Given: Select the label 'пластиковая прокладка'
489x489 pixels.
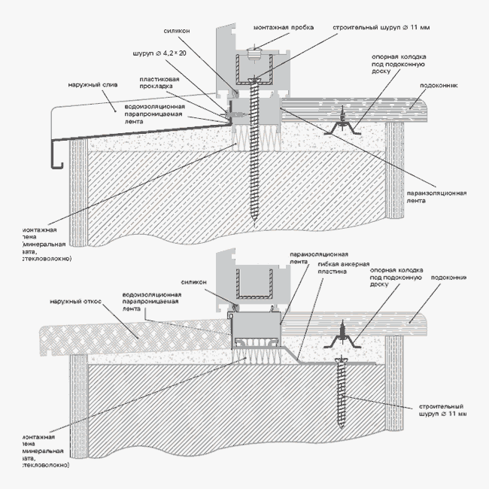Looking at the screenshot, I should tap(158, 83).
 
